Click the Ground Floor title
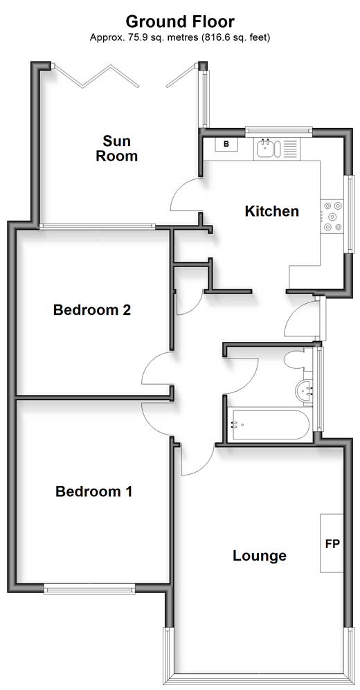click(180, 21)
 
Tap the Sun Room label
click(117, 148)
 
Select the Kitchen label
click(271, 211)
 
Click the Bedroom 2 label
click(92, 310)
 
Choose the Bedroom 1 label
click(93, 491)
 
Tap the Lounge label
click(259, 555)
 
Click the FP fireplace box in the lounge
click(332, 543)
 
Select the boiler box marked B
click(226, 144)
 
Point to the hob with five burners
click(332, 216)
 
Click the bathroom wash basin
click(304, 391)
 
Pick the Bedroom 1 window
click(89, 588)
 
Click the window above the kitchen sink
click(278, 130)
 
